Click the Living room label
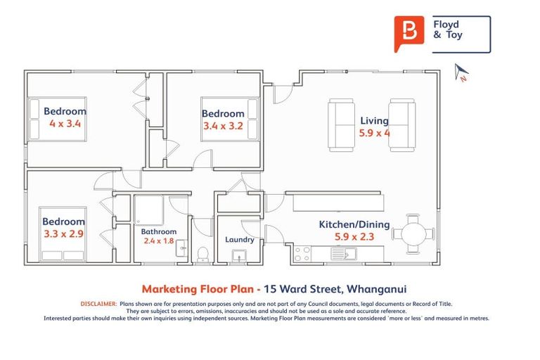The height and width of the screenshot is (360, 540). pyautogui.click(x=374, y=121)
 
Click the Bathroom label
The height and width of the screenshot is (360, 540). pyautogui.click(x=158, y=231)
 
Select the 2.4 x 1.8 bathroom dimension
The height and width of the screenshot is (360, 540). pyautogui.click(x=158, y=240)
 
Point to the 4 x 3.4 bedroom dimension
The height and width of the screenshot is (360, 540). pyautogui.click(x=65, y=123)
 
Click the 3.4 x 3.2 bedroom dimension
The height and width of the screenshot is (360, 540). pyautogui.click(x=222, y=127)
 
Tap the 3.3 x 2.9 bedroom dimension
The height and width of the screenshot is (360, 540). pyautogui.click(x=63, y=234)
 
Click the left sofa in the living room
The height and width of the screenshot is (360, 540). pyautogui.click(x=342, y=124)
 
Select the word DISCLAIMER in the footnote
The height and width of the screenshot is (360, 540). pyautogui.click(x=98, y=304)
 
